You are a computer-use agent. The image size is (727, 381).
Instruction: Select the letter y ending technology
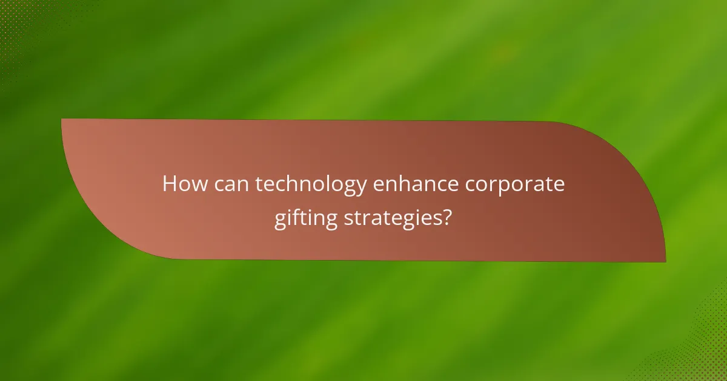[362, 187]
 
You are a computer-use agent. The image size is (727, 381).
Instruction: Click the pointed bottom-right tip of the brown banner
[665, 261]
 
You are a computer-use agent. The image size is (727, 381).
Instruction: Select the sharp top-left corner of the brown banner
[62, 120]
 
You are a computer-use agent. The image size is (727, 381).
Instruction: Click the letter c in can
[220, 186]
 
